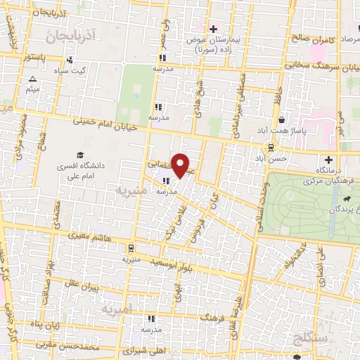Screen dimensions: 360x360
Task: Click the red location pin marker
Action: (181, 165)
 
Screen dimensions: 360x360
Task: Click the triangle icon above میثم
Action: (32, 79)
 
